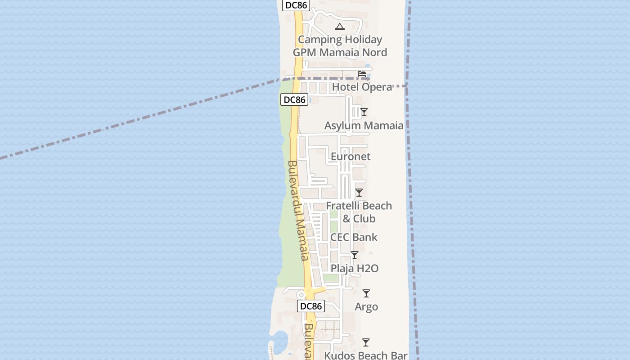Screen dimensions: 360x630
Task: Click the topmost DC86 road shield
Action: (296, 5)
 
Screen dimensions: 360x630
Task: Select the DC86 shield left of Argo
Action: (310, 306)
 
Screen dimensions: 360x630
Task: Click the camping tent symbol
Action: (339, 27)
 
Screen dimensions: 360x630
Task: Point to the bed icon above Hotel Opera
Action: (362, 74)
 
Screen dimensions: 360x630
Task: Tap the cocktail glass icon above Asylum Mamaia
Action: (364, 112)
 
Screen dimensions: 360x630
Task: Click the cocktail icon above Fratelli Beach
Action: (359, 193)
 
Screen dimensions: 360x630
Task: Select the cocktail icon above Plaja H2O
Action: (354, 255)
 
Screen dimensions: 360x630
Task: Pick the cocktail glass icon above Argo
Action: (366, 293)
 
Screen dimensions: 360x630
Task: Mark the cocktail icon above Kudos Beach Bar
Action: (366, 342)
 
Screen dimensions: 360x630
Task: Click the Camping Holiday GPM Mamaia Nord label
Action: (340, 46)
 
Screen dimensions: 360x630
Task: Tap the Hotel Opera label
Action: (362, 87)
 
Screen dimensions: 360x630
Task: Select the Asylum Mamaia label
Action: (364, 126)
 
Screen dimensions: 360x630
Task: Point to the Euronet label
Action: (351, 157)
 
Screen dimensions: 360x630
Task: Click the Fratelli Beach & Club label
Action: (359, 212)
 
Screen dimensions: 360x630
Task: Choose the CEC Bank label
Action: (354, 237)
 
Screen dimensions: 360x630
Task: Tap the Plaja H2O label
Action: (354, 269)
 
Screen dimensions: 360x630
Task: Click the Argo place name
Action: (366, 307)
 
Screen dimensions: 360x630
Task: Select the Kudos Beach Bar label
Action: (366, 355)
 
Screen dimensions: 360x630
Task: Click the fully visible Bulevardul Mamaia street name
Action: (298, 210)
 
